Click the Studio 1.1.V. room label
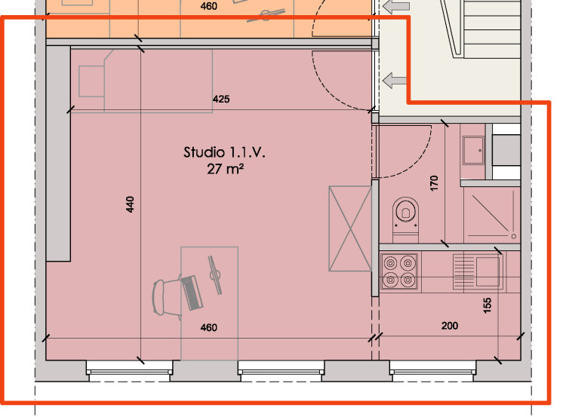pos(224,152)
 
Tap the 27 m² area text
pos(225,169)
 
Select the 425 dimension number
pos(221,99)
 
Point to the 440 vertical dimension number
pos(130,204)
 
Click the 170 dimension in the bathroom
pos(434,183)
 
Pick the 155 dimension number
pos(487,305)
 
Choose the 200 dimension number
pos(450,326)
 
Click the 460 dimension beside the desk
pos(208,327)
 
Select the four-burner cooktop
pos(399,271)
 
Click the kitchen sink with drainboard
pos(478,271)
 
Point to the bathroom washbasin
pos(473,150)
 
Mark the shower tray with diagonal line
pos(491,214)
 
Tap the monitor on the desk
pos(215,275)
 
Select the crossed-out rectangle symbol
pos(350,228)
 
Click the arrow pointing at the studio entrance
pos(395,80)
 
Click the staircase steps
pos(491,29)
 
